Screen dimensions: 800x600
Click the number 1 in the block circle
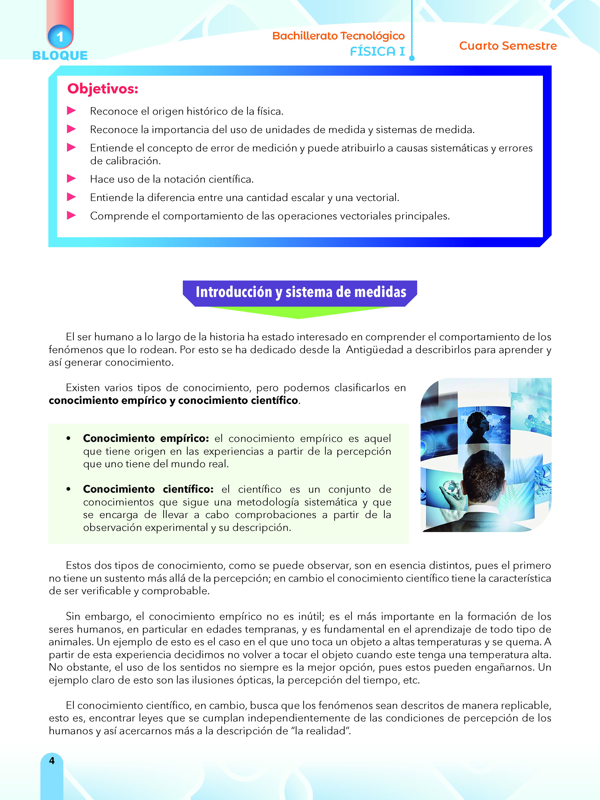(60, 37)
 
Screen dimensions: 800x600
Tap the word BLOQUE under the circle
(60, 55)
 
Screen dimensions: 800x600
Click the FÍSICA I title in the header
(377, 51)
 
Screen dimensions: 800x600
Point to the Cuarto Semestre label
(508, 46)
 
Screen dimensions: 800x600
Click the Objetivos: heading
(103, 89)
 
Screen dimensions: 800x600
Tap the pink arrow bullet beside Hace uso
(71, 178)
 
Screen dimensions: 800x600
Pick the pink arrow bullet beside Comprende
(71, 215)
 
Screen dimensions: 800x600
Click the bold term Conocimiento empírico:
(146, 438)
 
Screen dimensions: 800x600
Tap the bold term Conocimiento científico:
(148, 489)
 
